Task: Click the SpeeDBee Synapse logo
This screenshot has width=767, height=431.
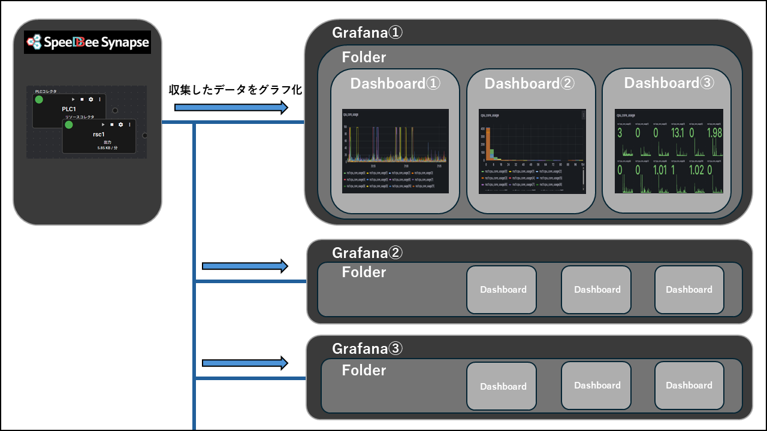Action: tap(87, 43)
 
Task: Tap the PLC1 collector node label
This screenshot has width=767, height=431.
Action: tap(70, 109)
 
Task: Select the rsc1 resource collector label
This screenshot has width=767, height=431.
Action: tap(99, 135)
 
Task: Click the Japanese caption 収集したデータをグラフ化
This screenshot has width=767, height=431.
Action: tap(235, 90)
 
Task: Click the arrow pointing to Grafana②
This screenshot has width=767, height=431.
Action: tap(245, 266)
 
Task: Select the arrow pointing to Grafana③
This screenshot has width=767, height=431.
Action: tap(245, 363)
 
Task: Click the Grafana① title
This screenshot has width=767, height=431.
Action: tap(367, 32)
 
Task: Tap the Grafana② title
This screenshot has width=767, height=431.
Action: tap(367, 253)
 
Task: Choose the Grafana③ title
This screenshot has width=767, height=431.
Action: tap(367, 348)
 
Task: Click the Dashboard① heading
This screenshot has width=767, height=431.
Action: tap(395, 83)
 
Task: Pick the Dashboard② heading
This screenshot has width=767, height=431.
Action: tap(530, 83)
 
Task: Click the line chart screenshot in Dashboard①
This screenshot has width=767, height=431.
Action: tap(395, 151)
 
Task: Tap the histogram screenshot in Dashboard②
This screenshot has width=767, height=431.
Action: tap(532, 151)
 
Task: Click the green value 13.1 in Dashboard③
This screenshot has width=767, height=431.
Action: tap(678, 133)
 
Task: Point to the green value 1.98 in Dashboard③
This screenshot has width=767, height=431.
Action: tap(714, 133)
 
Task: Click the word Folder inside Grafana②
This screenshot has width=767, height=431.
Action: tap(364, 272)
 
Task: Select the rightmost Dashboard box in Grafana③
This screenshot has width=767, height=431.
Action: tap(689, 386)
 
